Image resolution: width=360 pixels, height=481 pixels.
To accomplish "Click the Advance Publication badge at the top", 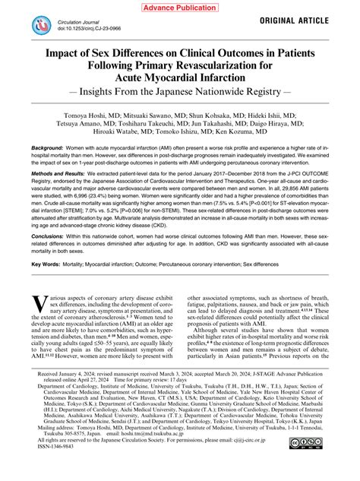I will coord(179,7).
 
